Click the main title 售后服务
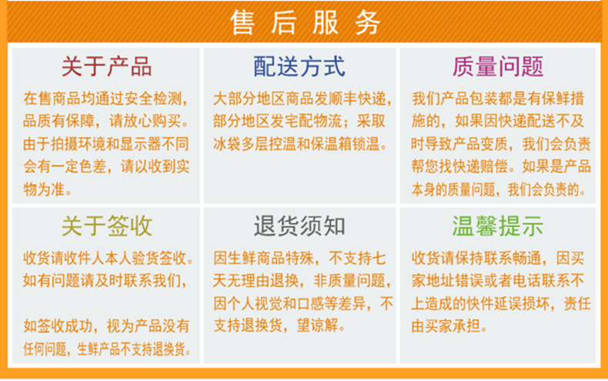[305, 23]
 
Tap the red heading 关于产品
[106, 66]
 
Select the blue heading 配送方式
[299, 66]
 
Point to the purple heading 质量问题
[498, 66]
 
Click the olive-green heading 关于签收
[106, 226]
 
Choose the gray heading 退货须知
[299, 226]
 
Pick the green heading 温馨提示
[498, 226]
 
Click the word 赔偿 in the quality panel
[493, 166]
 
